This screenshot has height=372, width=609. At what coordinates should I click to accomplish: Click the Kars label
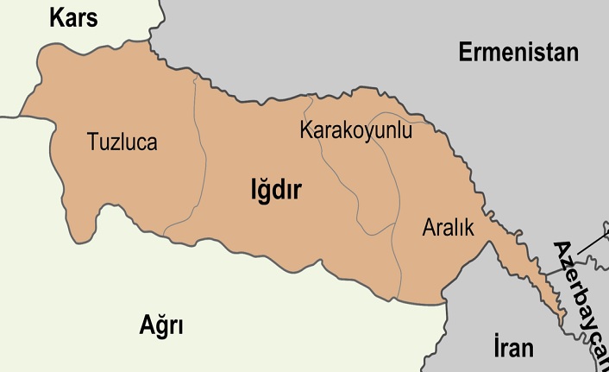pyautogui.click(x=74, y=16)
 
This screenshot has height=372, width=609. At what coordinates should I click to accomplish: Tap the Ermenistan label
pyautogui.click(x=518, y=53)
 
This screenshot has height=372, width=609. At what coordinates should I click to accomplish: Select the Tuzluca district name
pyautogui.click(x=122, y=142)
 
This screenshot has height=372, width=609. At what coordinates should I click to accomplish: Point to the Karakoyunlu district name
pyautogui.click(x=355, y=131)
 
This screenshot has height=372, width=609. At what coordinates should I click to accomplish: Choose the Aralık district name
pyautogui.click(x=449, y=228)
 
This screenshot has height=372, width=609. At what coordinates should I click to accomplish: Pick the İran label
pyautogui.click(x=513, y=348)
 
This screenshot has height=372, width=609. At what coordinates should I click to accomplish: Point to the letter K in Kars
pyautogui.click(x=57, y=16)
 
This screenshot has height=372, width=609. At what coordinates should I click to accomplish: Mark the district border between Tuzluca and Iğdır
pyautogui.click(x=205, y=160)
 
